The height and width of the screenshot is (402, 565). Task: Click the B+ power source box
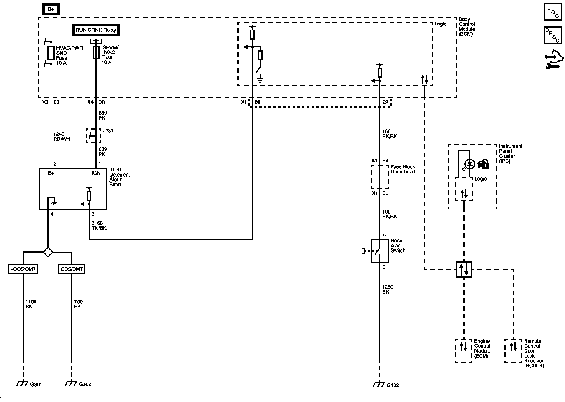[51, 9]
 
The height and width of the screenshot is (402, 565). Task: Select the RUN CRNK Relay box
[96, 30]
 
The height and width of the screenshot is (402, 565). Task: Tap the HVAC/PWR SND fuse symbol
[51, 53]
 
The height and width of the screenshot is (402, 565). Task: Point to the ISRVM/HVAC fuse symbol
[96, 52]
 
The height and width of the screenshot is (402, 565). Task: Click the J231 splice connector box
[94, 136]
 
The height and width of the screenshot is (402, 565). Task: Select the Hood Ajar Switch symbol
[380, 251]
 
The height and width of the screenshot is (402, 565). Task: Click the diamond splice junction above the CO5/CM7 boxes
[48, 252]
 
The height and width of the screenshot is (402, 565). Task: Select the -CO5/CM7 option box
[23, 269]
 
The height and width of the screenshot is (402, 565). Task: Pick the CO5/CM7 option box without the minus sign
[72, 269]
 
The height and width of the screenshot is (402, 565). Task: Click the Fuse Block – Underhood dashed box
[380, 177]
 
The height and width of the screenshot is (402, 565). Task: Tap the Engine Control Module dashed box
[464, 351]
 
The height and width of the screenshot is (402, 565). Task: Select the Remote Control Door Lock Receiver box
[514, 351]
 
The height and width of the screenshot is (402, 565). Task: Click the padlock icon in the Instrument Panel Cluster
[483, 164]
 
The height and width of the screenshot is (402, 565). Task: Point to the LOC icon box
[553, 12]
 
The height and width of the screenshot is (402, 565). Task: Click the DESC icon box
[553, 35]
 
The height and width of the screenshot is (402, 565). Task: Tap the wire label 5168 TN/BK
[99, 225]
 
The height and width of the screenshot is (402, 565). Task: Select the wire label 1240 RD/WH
[62, 137]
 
